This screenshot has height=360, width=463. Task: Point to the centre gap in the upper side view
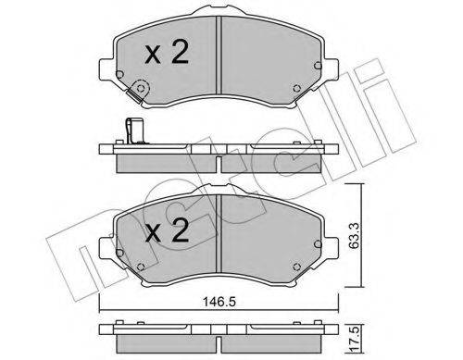pyautogui.click(x=218, y=162)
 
